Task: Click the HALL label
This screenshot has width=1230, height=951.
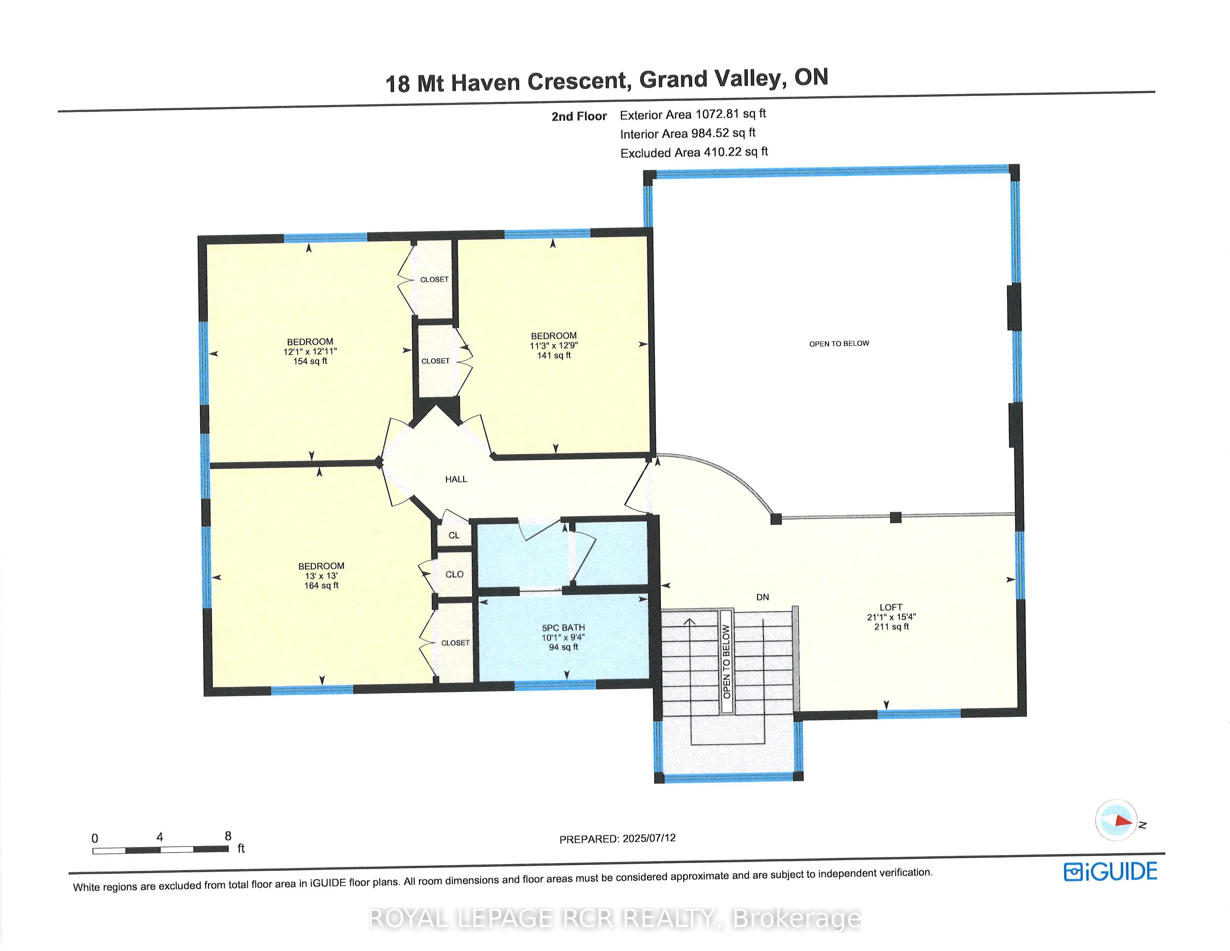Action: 456,479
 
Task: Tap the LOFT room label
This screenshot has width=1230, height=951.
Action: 891,607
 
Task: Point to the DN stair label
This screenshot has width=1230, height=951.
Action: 763,597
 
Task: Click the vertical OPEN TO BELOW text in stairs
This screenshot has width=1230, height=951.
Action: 726,662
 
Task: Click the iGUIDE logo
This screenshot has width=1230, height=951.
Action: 1110,872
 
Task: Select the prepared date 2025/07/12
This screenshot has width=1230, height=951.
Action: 649,838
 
